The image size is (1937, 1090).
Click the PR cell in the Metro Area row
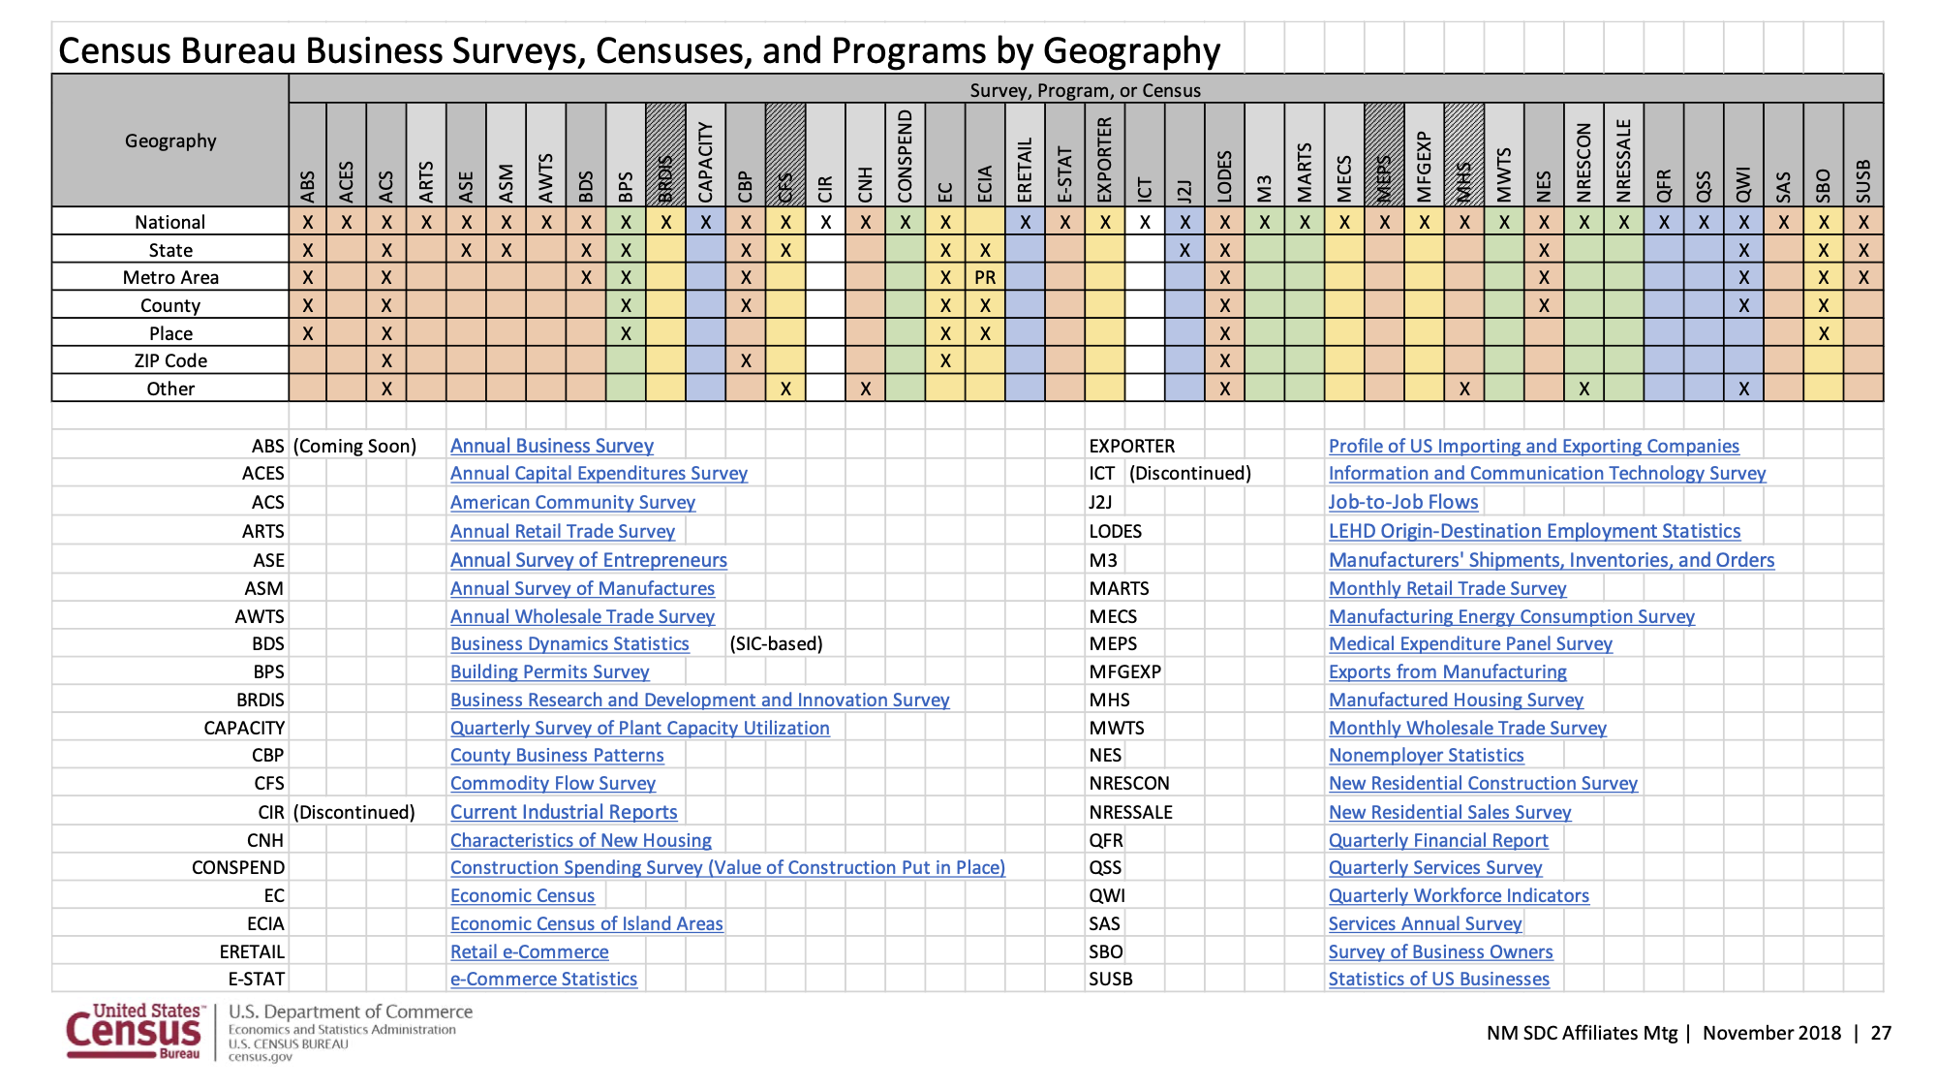point(985,278)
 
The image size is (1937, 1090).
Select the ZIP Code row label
point(170,361)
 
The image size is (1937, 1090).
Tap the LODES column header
point(1224,175)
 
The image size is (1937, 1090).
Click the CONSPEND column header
point(905,156)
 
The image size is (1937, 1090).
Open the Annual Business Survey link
point(551,447)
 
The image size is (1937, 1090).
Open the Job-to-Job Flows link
point(1402,503)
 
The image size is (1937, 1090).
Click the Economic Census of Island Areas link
point(586,924)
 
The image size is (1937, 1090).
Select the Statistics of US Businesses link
point(1438,980)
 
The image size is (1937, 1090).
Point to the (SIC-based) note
point(776,644)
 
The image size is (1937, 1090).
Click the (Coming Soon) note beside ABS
point(354,447)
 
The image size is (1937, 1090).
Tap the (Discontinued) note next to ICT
point(1190,474)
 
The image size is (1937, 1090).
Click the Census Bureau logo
point(134,1032)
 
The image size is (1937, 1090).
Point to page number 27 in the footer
point(1881,1033)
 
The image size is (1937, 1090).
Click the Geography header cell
point(170,141)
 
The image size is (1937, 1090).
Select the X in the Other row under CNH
point(865,389)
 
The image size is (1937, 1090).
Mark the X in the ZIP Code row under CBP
point(745,361)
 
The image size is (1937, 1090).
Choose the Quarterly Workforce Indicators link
point(1458,896)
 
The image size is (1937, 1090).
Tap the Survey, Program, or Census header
point(1085,90)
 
